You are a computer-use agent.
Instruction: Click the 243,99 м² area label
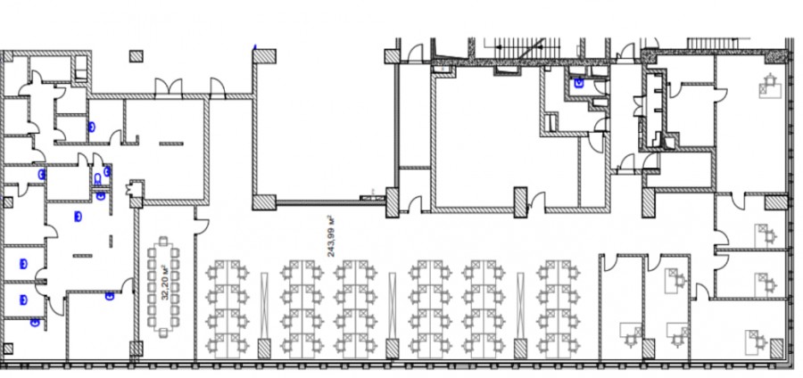[x=331, y=235]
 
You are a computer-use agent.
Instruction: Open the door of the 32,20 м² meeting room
[x=202, y=227]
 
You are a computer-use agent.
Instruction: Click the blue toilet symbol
[x=97, y=179]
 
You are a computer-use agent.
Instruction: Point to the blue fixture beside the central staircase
[x=579, y=82]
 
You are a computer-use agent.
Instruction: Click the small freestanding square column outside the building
[x=136, y=56]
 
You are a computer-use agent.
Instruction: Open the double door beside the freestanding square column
[x=169, y=87]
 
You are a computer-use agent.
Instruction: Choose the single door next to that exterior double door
[x=218, y=87]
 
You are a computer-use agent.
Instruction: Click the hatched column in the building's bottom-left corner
[x=7, y=349]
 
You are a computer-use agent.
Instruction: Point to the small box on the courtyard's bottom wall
[x=368, y=197]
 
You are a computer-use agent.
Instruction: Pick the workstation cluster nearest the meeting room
[x=228, y=308]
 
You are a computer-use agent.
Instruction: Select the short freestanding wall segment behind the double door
[x=171, y=144]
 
